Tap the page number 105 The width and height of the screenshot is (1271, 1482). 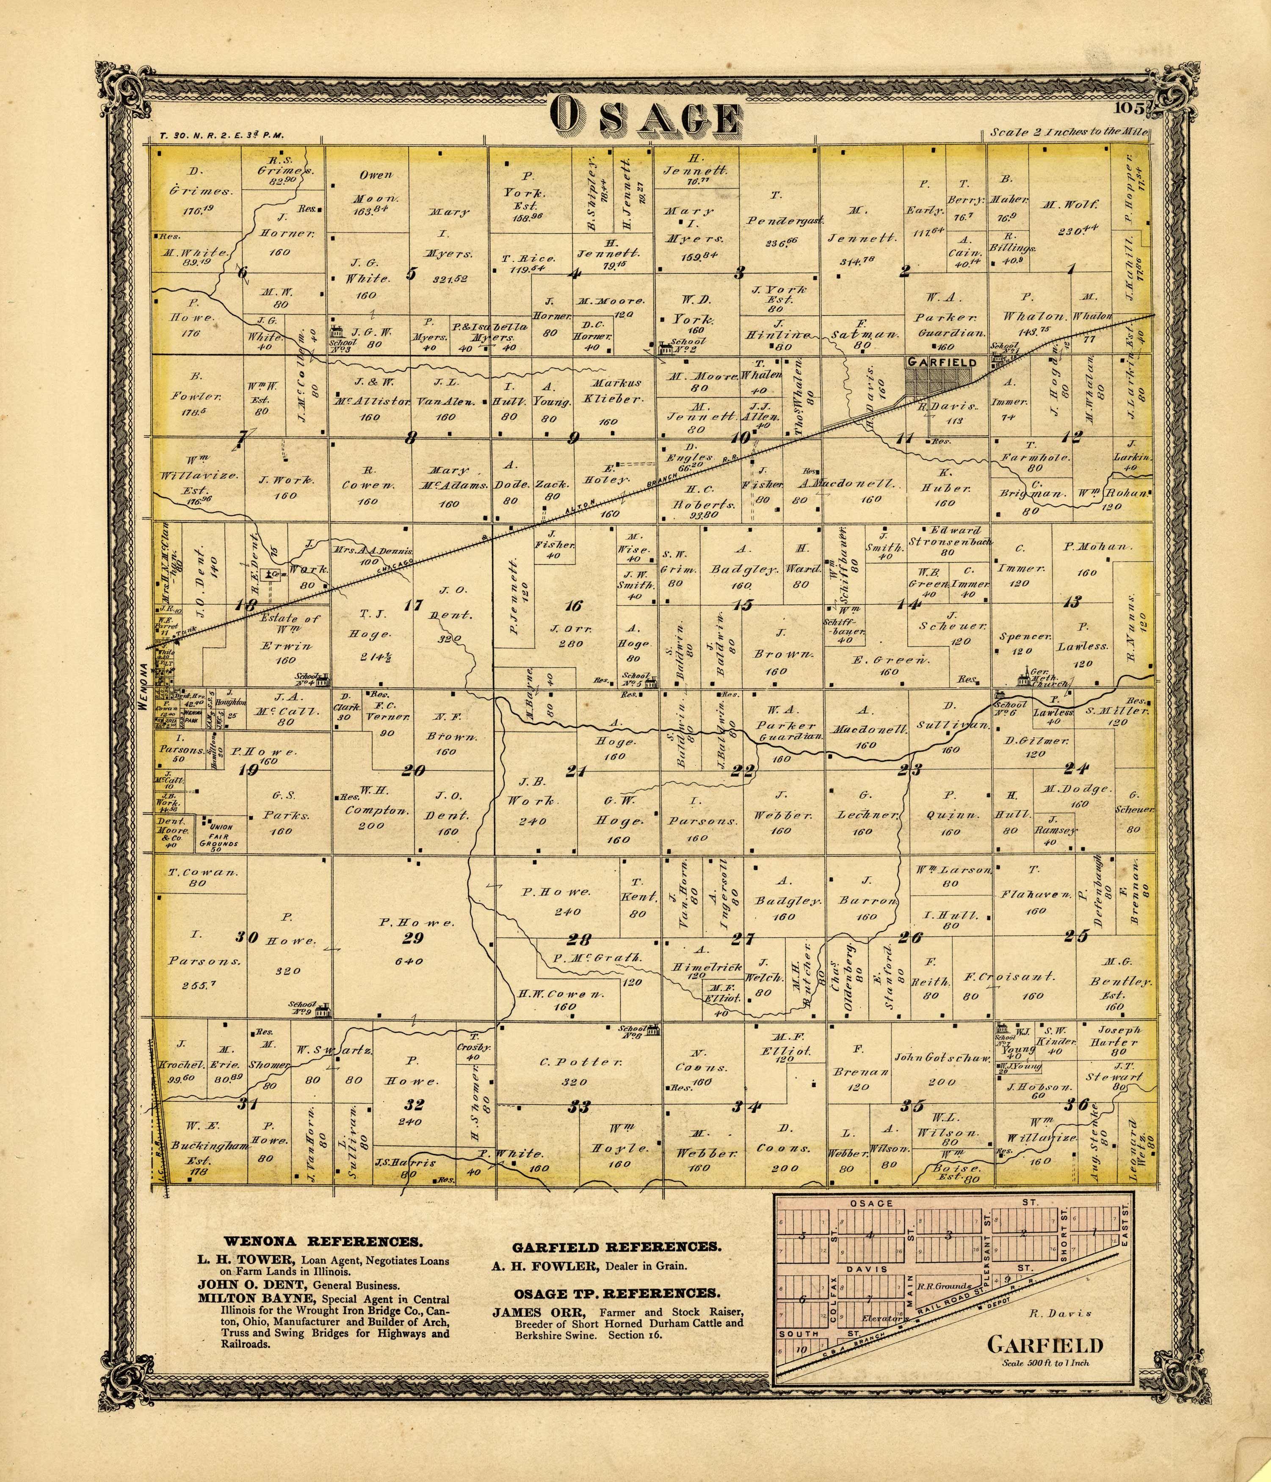[x=1130, y=109]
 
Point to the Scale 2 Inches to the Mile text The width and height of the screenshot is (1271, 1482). [x=1069, y=132]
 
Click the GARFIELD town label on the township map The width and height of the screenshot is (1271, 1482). [x=941, y=362]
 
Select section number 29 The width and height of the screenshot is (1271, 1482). [x=413, y=938]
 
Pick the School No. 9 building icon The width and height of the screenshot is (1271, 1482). [x=324, y=1010]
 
